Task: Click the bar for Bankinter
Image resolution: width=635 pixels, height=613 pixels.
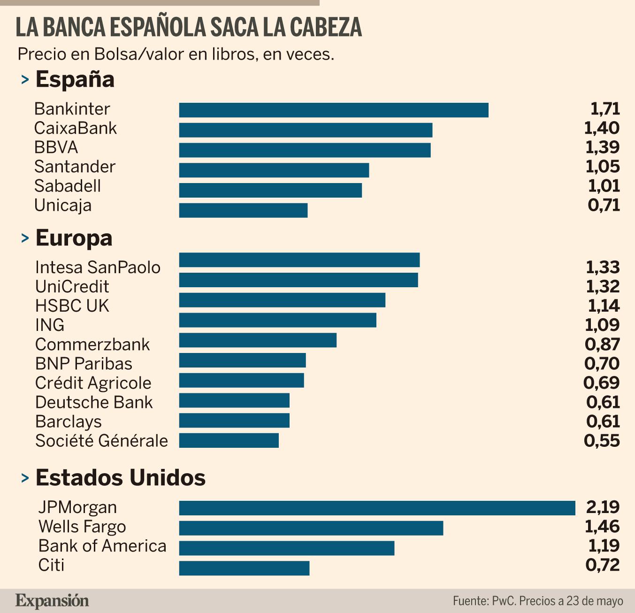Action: click(x=334, y=110)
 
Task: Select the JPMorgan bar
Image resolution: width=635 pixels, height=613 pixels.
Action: click(x=377, y=508)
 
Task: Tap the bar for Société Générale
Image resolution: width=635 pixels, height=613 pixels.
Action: click(x=229, y=440)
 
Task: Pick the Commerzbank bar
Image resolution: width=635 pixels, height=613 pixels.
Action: click(x=258, y=340)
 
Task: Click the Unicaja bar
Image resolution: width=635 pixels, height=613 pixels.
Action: click(x=243, y=210)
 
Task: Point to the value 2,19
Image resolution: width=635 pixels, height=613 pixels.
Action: click(x=603, y=507)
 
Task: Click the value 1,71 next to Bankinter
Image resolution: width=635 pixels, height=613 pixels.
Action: click(x=605, y=109)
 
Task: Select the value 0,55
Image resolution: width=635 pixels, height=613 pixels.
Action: click(x=602, y=441)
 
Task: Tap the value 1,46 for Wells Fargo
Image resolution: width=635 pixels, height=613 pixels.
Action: click(x=602, y=526)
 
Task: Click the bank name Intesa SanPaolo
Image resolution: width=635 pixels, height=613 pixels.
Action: click(x=98, y=267)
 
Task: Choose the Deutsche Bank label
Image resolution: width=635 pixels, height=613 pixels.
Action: click(x=94, y=402)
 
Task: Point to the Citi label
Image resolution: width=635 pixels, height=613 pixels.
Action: click(x=51, y=565)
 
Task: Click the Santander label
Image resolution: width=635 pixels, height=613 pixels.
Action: click(x=75, y=167)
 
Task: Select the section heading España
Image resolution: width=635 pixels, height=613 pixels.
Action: click(x=75, y=79)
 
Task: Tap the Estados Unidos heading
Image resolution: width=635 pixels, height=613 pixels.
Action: click(x=120, y=478)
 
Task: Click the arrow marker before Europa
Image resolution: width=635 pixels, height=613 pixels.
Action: click(x=25, y=239)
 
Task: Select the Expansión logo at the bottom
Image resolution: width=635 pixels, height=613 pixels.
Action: click(x=52, y=600)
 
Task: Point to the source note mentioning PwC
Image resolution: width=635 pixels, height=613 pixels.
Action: click(x=538, y=601)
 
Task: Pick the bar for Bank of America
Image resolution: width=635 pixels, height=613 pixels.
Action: click(x=286, y=548)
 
